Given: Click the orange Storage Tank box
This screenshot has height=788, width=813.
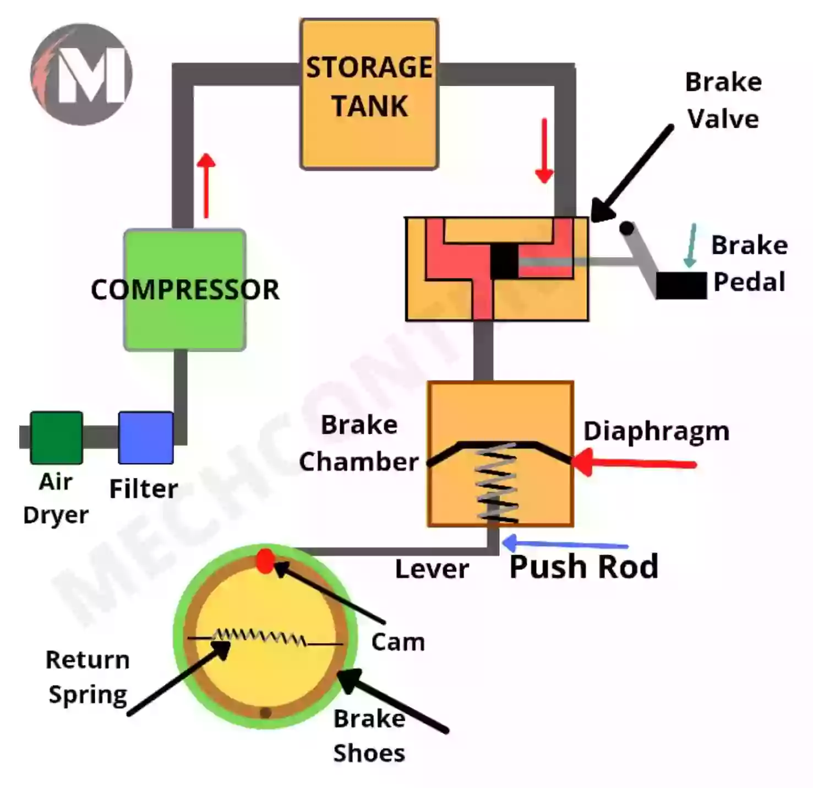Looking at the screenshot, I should (369, 94).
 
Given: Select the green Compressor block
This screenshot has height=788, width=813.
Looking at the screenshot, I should (184, 290).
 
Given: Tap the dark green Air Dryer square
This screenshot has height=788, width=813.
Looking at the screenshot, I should (56, 438).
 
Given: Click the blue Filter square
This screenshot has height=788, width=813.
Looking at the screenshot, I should (146, 438).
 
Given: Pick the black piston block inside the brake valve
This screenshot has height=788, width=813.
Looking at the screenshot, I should (504, 261).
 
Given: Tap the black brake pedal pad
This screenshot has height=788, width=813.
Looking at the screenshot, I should (681, 285).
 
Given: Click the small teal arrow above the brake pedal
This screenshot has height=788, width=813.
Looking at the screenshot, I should (690, 246).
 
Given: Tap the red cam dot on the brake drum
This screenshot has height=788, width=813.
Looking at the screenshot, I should (265, 561).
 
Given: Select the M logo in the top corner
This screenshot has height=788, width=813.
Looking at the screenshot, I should (81, 74).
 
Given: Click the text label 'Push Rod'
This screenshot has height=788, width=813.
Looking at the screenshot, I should (583, 567).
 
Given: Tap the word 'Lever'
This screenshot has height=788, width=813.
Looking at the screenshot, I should (432, 569).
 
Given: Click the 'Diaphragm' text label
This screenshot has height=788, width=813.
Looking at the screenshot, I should (656, 431).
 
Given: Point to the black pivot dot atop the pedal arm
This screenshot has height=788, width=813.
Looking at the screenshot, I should (626, 227).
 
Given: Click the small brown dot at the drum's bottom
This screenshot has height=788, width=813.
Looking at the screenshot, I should (265, 713).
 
